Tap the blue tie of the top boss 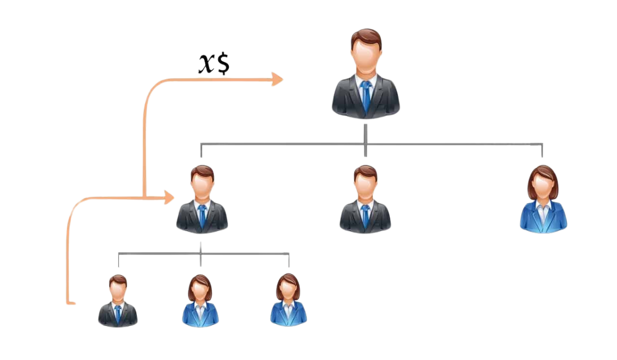[x=366, y=95]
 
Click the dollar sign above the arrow [x=223, y=64]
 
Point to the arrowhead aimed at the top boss [x=278, y=79]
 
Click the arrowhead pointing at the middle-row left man [x=170, y=197]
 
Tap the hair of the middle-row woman [x=543, y=172]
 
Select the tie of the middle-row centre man [x=366, y=216]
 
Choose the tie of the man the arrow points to [x=202, y=216]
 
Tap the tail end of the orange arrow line [x=72, y=304]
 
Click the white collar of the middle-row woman [x=543, y=207]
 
